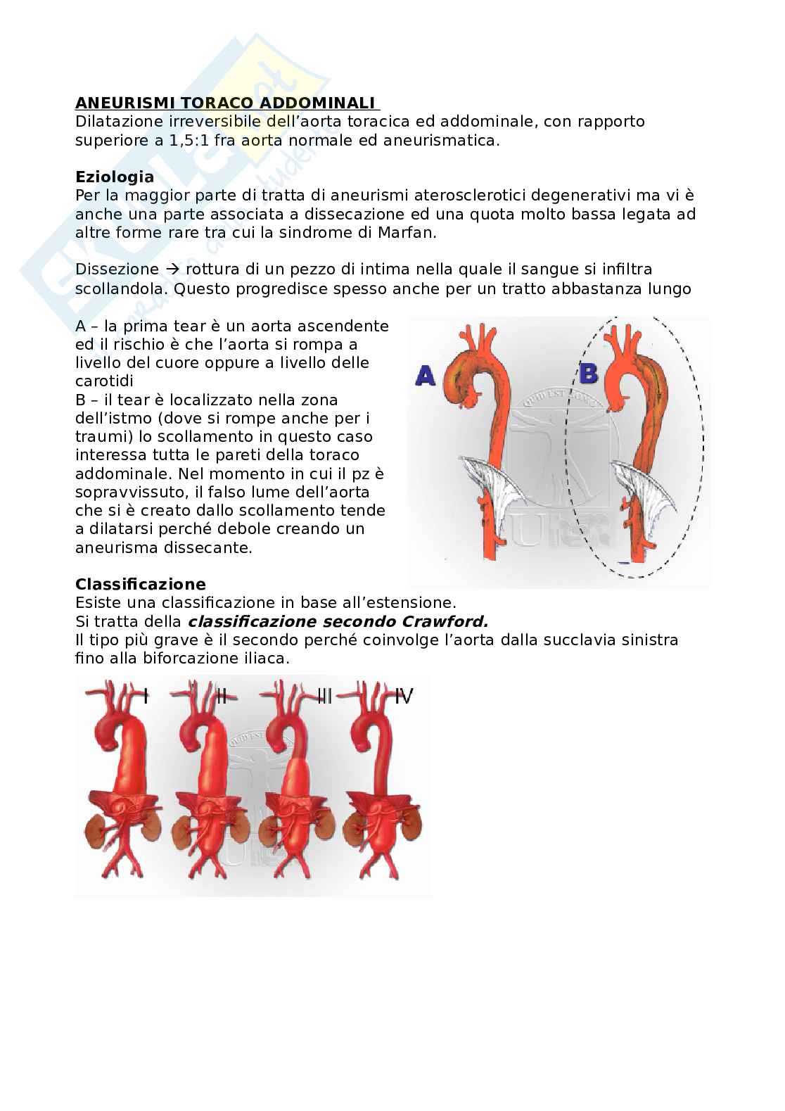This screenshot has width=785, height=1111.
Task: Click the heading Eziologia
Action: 114,177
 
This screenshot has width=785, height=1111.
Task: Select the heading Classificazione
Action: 140,584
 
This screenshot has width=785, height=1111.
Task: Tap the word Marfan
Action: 406,232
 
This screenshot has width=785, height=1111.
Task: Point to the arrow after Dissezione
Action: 172,269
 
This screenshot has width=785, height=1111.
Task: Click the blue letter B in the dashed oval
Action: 588,372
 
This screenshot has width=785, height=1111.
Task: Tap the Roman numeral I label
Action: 145,697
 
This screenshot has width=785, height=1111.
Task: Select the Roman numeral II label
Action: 221,697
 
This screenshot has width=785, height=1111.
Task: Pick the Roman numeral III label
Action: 324,697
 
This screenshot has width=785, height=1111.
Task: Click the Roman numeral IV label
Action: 403,697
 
